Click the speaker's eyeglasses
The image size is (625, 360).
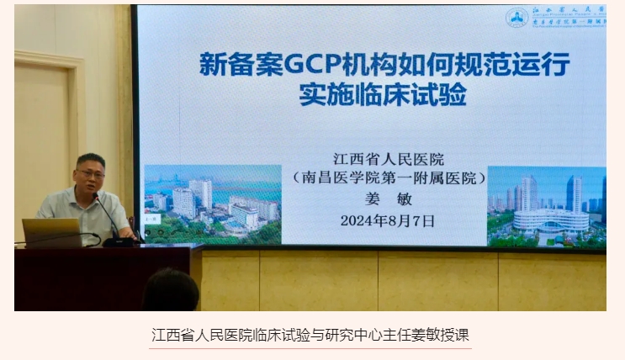(x=90, y=174)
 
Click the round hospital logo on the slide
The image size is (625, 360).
(x=516, y=18)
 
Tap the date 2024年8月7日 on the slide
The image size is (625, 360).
(x=388, y=221)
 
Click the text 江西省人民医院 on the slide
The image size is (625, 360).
(x=388, y=158)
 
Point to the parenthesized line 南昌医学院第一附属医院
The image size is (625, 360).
(x=388, y=178)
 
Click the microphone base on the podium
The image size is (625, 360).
(x=119, y=241)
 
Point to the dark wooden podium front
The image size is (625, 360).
(x=101, y=278)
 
